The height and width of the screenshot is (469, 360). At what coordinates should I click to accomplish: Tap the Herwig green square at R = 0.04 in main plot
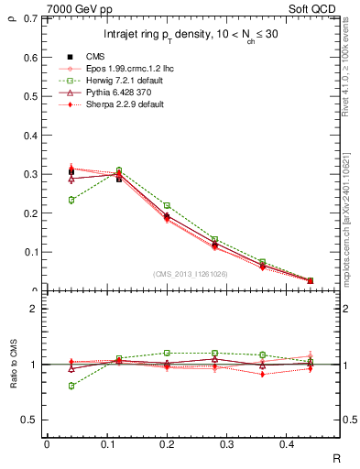point(71,200)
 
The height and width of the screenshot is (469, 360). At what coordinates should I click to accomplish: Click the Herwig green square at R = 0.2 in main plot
point(167,205)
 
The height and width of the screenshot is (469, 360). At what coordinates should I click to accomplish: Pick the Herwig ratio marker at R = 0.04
point(71,386)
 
